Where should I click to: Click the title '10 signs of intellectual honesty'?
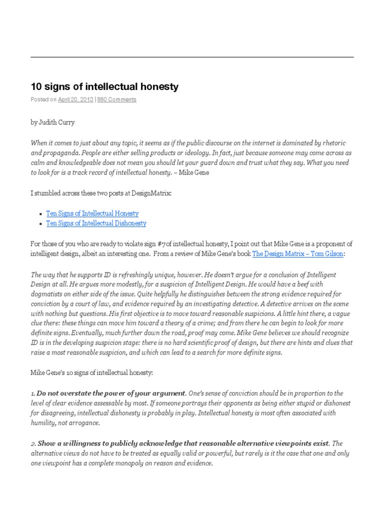pyautogui.click(x=104, y=86)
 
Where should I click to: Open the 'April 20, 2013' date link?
pyautogui.click(x=75, y=99)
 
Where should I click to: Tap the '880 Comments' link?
pyautogui.click(x=116, y=99)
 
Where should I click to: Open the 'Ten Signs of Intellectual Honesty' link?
pyautogui.click(x=92, y=213)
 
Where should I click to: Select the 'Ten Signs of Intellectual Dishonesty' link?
pyautogui.click(x=96, y=223)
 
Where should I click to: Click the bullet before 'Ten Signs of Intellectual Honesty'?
pyautogui.click(x=41, y=213)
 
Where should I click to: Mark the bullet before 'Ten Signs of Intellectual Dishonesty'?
pyautogui.click(x=41, y=224)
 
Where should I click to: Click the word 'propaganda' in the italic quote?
pyautogui.click(x=61, y=152)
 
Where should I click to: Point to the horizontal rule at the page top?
pyautogui.click(x=192, y=57)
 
